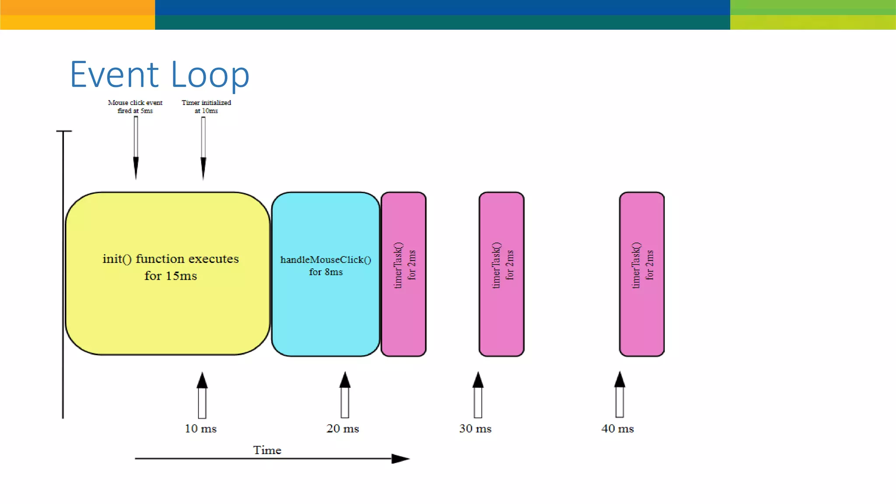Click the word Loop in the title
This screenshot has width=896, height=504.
(x=210, y=75)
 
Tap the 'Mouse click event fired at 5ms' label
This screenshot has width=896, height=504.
(x=135, y=106)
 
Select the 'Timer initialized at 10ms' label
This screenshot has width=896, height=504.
(x=206, y=106)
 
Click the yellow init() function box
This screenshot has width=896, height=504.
(x=168, y=273)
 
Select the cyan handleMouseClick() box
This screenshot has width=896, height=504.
(x=325, y=274)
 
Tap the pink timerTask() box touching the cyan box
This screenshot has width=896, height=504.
(x=403, y=274)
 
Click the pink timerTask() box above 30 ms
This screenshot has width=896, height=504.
(x=501, y=274)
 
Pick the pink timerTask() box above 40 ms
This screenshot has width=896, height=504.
(x=642, y=274)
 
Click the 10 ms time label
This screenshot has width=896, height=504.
(x=201, y=429)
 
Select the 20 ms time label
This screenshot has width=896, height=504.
(x=343, y=429)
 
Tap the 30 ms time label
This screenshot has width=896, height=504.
(x=475, y=429)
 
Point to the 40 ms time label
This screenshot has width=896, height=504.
(x=617, y=429)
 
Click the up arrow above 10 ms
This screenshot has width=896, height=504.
(x=202, y=395)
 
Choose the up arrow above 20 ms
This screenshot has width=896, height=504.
(x=345, y=395)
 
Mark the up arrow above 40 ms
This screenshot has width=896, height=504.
(x=619, y=394)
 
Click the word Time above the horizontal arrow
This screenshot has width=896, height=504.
(x=267, y=450)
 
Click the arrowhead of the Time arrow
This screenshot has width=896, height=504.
(x=400, y=458)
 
